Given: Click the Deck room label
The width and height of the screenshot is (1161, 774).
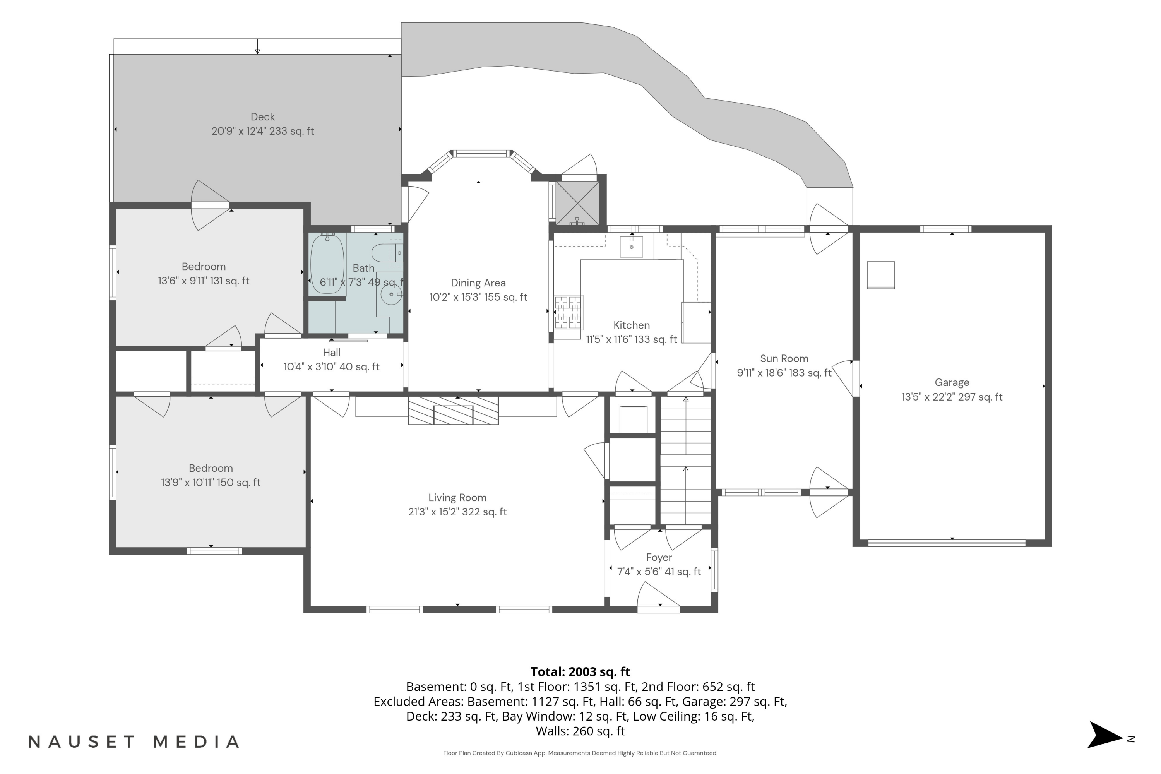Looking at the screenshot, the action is tap(263, 117).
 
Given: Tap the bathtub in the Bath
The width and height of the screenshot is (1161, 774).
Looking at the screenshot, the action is tap(327, 264).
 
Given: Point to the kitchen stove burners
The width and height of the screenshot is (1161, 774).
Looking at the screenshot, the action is tap(568, 312).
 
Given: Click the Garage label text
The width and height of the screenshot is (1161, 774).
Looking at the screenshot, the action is tap(952, 383).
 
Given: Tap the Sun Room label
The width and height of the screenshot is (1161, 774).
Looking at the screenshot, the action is tap(784, 359).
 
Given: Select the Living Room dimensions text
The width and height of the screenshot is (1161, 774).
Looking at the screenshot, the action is tap(457, 512).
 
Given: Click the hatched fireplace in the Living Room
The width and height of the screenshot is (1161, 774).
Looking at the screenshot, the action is tap(453, 410).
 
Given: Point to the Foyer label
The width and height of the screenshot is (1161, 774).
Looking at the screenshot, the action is tap(659, 557).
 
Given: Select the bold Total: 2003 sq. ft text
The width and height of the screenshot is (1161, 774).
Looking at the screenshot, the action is tap(580, 672).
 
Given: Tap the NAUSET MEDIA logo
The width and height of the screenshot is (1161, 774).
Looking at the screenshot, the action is tap(134, 741).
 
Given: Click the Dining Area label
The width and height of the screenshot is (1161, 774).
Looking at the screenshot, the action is tap(478, 283).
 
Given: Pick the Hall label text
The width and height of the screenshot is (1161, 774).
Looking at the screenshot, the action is tap(332, 353).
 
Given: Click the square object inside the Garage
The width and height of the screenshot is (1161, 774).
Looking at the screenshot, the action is tap(881, 275).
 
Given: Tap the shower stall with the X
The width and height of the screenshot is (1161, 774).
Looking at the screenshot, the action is tap(577, 204).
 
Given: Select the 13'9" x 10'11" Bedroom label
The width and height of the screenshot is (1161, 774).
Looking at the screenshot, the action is tap(211, 475).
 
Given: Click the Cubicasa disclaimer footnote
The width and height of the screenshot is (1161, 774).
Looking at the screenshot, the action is tap(580, 753).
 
